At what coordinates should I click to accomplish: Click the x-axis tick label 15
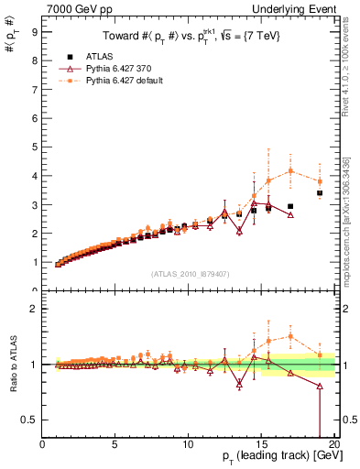point(261,444)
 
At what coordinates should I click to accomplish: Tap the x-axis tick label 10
point(188,444)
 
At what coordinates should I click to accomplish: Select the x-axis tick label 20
point(333,444)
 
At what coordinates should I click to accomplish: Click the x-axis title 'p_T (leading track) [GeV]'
point(275,458)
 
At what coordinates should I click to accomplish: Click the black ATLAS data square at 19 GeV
point(320,193)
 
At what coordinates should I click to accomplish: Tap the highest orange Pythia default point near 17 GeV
point(290,170)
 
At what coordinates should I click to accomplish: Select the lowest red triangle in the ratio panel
point(320,387)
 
